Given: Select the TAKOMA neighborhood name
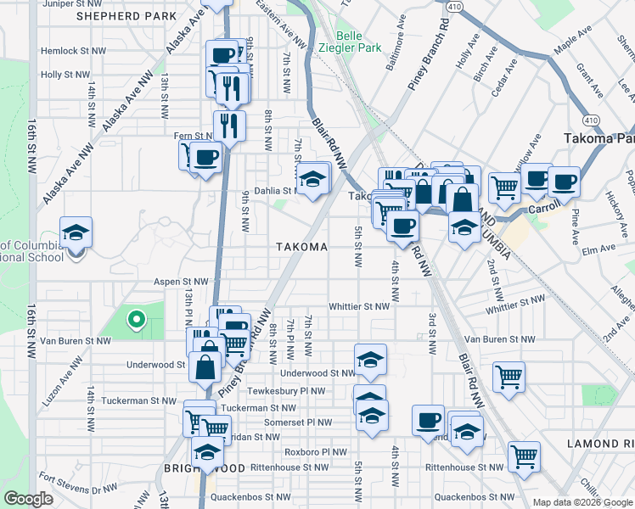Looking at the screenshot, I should pyautogui.click(x=301, y=247).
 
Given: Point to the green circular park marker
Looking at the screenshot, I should pyautogui.click(x=134, y=320).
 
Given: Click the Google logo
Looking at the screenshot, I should pyautogui.click(x=29, y=499).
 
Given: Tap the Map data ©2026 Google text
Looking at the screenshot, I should pyautogui.click(x=582, y=502).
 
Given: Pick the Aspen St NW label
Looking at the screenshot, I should pyautogui.click(x=181, y=281).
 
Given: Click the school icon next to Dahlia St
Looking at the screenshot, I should pyautogui.click(x=312, y=179).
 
